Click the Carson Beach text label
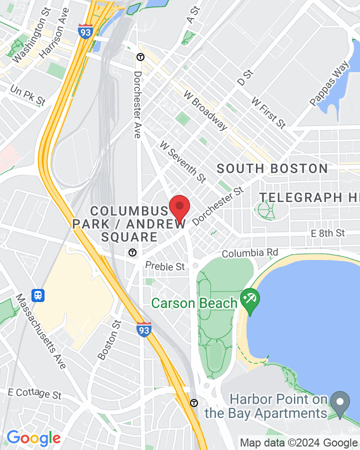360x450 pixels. pos(194,303)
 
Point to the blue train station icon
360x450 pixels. pos(38,295)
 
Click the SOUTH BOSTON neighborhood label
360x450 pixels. pos(272,168)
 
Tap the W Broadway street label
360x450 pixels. pos(206,110)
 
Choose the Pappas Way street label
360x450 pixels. pos(329,83)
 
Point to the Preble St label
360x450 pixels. pos(165,266)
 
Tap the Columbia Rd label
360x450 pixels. pos(249,253)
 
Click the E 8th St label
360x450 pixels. pos(327,233)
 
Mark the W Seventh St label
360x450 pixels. pos(182,161)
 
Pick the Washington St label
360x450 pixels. pos(31,42)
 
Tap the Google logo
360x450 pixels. pos(33,438)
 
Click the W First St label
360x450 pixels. pos(268,112)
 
